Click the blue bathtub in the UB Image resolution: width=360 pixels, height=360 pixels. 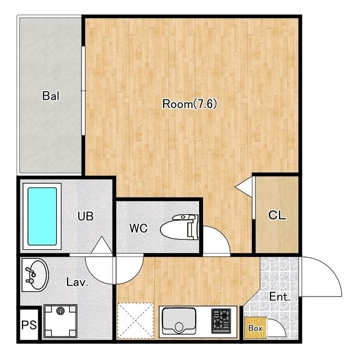point(42,216)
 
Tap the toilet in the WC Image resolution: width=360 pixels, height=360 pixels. point(179,227)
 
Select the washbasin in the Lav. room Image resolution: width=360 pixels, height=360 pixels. point(35,275)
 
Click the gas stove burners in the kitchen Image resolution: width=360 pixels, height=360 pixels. point(221,321)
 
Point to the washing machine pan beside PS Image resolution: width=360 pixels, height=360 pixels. point(60,321)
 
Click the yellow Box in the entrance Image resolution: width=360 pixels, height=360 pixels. point(255,328)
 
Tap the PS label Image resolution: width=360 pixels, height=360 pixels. point(29,325)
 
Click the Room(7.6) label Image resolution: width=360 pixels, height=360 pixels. point(190,104)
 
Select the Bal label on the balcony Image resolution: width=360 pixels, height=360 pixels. point(51,96)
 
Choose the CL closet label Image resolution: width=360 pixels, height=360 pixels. point(277,215)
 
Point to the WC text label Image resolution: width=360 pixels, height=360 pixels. point(138,228)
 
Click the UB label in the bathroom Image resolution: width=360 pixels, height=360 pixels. point(85,216)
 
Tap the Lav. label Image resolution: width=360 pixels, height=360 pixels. point(78,282)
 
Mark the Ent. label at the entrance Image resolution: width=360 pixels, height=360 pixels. point(280,297)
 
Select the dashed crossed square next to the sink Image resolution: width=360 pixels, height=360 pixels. point(136,321)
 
